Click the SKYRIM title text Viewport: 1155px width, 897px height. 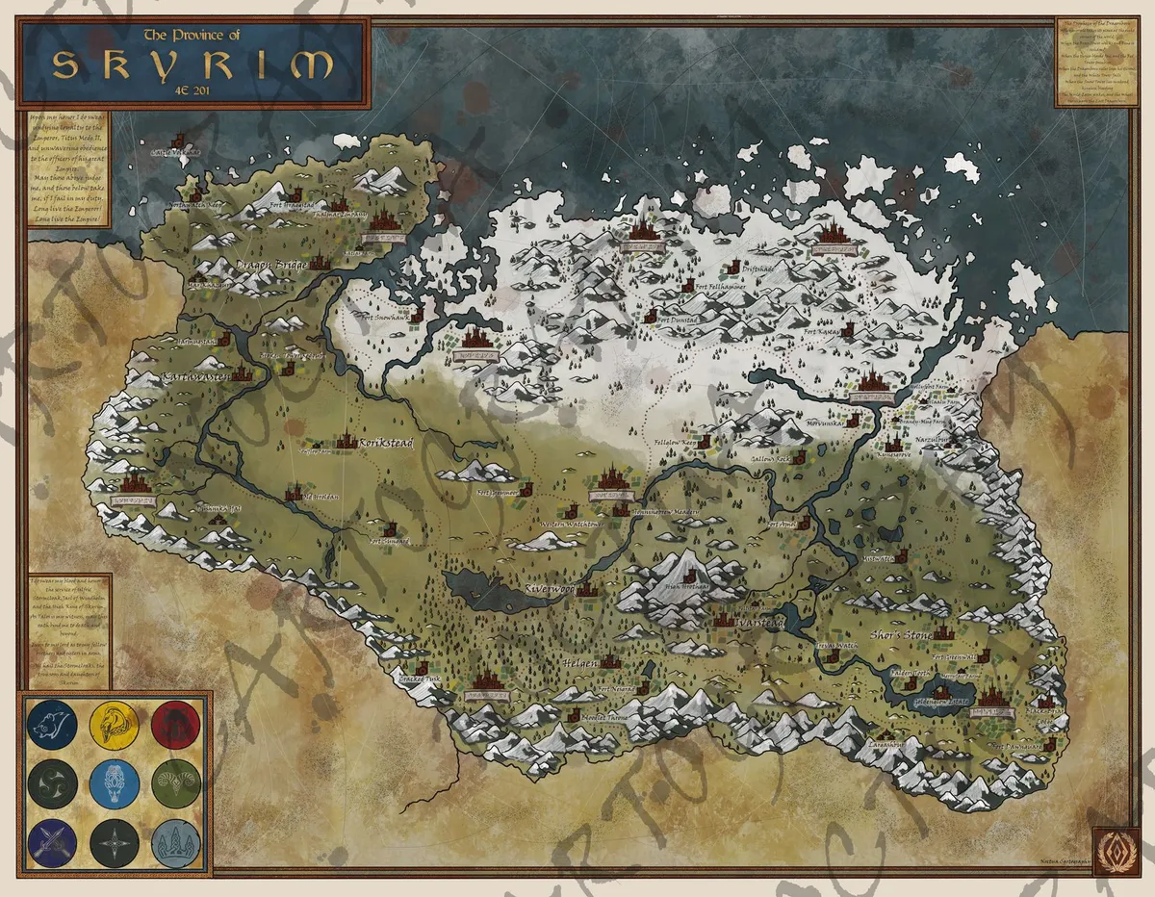[x=192, y=64]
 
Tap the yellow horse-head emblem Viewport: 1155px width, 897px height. [x=114, y=726]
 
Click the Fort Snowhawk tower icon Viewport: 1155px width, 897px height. [x=416, y=314]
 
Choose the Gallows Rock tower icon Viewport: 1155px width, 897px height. [x=798, y=457]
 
